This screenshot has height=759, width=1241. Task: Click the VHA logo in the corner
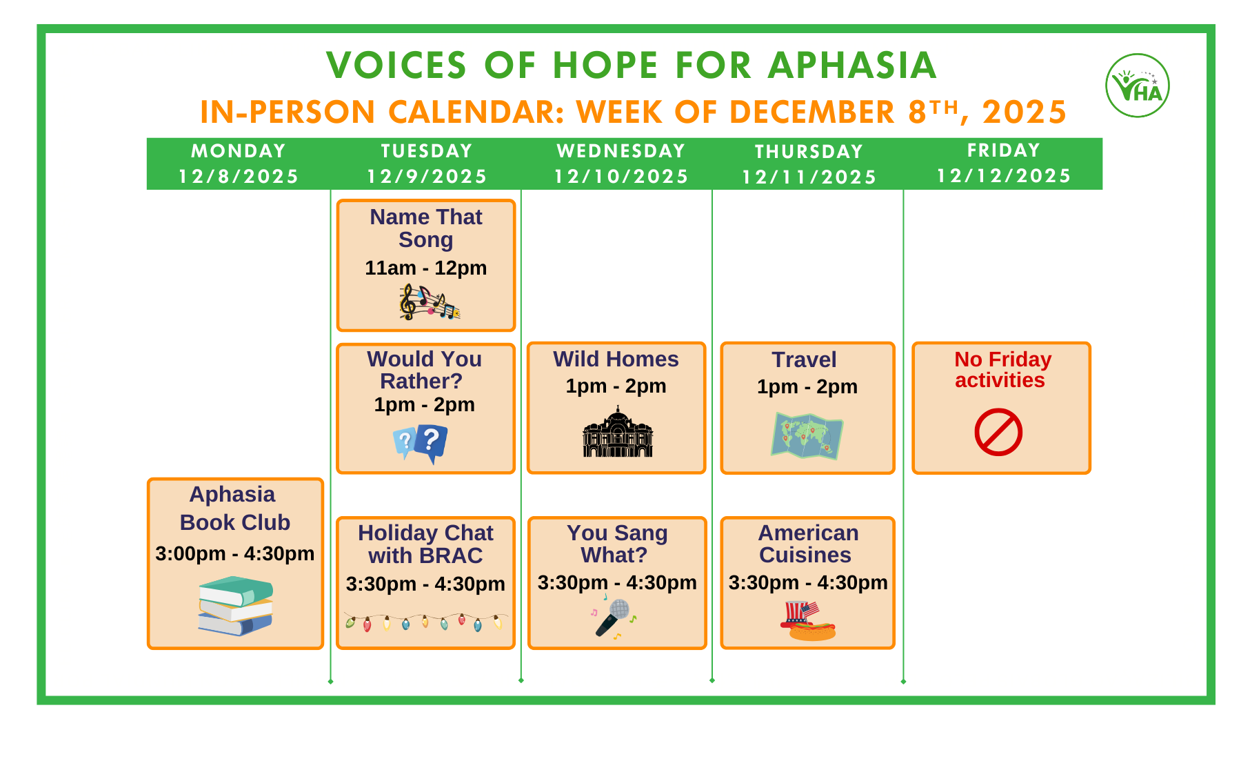coord(1137,86)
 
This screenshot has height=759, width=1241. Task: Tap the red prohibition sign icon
coord(998,433)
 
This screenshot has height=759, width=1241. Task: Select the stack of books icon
coord(236,606)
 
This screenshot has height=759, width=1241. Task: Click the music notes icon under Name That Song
coord(428,302)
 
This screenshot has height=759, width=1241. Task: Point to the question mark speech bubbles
coord(421,443)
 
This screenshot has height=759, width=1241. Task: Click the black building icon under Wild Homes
coord(617,433)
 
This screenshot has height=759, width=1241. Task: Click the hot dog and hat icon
coord(809,621)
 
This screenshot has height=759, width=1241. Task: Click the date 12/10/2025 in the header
coord(621,177)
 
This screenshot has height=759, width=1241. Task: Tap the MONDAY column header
coord(238,150)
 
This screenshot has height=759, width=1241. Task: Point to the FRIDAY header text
coord(1003,150)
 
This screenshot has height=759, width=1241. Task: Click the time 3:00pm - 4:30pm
coord(234,553)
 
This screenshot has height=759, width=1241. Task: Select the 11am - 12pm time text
coord(425,268)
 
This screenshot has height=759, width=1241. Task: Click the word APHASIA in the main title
coord(852,66)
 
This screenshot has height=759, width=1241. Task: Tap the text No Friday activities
coord(1002,370)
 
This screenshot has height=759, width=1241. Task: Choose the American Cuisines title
coord(807,544)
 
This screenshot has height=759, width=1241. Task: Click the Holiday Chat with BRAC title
coord(425,544)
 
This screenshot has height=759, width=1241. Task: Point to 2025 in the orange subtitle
coord(1025,112)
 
